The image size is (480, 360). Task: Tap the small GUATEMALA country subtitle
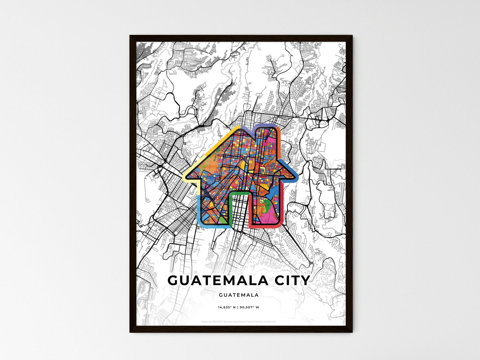[x=239, y=295]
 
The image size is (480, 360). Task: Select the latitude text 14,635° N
[x=227, y=307]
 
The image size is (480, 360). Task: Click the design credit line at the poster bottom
[x=239, y=322]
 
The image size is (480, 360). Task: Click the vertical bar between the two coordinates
[x=238, y=307]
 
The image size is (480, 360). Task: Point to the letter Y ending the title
[x=305, y=281]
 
